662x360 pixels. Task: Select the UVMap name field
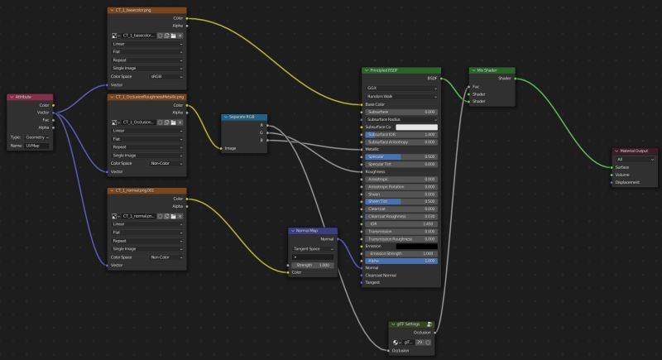[37, 146]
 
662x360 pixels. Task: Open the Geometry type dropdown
[38, 137]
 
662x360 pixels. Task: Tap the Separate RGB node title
[244, 117]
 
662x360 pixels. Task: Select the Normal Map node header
[313, 231]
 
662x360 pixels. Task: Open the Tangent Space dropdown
[313, 248]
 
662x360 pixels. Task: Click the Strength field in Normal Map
[313, 265]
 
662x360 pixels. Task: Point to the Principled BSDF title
[401, 70]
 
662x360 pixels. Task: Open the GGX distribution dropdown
[401, 88]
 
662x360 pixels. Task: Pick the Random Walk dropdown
[401, 96]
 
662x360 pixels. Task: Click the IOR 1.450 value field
[401, 223]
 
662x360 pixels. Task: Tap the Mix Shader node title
[493, 70]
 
